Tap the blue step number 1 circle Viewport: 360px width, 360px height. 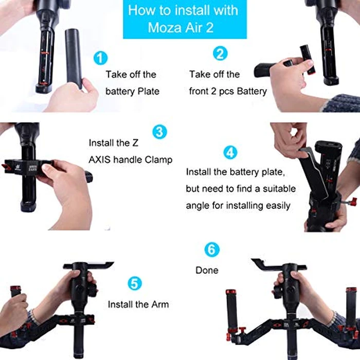[101, 58]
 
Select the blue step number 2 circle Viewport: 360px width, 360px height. [221, 53]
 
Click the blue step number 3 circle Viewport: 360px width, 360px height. [160, 131]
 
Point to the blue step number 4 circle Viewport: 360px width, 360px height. [230, 152]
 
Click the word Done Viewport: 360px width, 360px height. [207, 270]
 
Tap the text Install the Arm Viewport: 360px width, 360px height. [138, 304]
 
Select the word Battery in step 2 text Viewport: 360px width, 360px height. [252, 91]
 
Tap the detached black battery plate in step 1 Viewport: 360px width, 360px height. [73, 57]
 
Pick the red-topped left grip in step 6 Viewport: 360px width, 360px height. [231, 309]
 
